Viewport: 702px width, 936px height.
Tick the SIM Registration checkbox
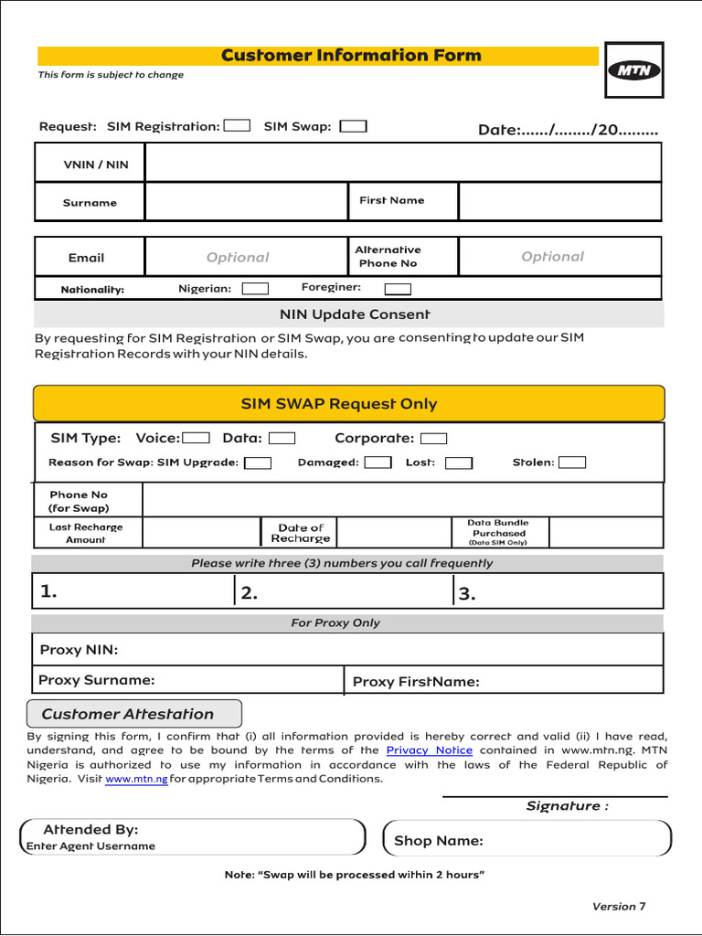(237, 126)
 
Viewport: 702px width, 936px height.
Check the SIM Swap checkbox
(353, 126)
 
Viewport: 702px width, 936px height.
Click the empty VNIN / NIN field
(402, 164)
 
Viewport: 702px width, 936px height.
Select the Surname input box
(245, 202)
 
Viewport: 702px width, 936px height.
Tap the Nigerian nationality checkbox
(255, 289)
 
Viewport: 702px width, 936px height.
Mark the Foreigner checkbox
(398, 290)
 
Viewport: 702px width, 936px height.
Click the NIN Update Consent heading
(355, 314)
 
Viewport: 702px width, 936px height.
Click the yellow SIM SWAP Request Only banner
(349, 403)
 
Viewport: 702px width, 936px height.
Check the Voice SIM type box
(197, 439)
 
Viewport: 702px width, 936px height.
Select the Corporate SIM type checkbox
(434, 439)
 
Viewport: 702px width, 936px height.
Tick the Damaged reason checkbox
(378, 463)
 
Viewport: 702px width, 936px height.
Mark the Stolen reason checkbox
(572, 463)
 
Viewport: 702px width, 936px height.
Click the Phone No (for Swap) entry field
(402, 500)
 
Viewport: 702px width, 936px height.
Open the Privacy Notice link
(429, 750)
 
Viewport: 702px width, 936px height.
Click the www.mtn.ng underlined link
(136, 780)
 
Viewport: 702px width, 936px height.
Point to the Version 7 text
(619, 907)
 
